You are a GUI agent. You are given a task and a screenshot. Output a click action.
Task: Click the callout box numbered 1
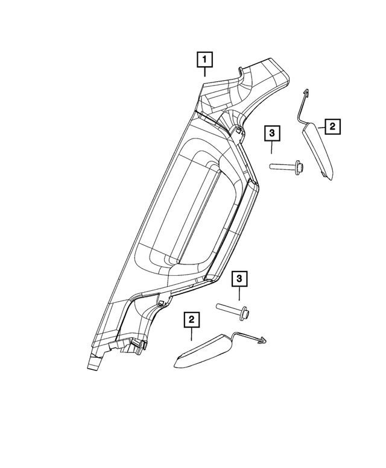[204, 60]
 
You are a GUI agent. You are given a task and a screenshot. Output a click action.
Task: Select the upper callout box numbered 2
[332, 126]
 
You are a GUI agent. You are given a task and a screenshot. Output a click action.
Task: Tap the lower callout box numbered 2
[192, 320]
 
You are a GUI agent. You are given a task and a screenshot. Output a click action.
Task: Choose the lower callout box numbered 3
[239, 278]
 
